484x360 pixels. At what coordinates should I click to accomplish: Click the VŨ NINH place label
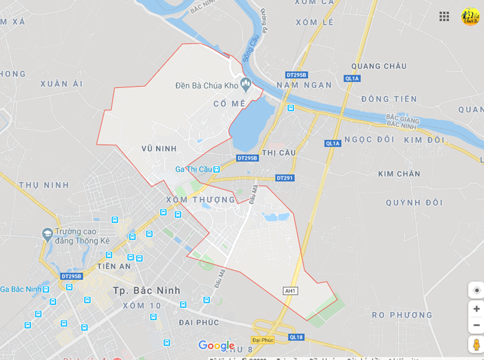159,148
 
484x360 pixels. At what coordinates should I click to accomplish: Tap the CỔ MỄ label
229,103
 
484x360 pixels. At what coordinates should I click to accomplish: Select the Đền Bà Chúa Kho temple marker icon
245,83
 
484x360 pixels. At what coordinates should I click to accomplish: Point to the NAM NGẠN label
304,85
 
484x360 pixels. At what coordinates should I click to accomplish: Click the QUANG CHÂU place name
379,66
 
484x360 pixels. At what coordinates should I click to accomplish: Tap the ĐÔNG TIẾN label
389,99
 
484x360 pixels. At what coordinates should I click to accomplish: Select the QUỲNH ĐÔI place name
414,203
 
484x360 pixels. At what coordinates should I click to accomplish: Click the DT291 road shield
285,178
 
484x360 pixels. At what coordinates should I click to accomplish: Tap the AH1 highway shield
290,291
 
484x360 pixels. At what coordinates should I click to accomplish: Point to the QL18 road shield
296,337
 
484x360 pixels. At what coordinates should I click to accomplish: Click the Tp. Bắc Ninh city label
146,291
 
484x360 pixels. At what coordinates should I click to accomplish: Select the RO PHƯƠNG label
402,315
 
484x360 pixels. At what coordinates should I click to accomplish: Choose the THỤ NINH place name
44,185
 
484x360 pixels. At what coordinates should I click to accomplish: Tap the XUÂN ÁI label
62,84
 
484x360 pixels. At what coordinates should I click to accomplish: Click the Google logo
216,346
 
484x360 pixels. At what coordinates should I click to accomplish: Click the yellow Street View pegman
476,344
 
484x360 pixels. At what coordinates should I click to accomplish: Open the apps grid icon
444,17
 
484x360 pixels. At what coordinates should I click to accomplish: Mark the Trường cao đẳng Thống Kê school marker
47,234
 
